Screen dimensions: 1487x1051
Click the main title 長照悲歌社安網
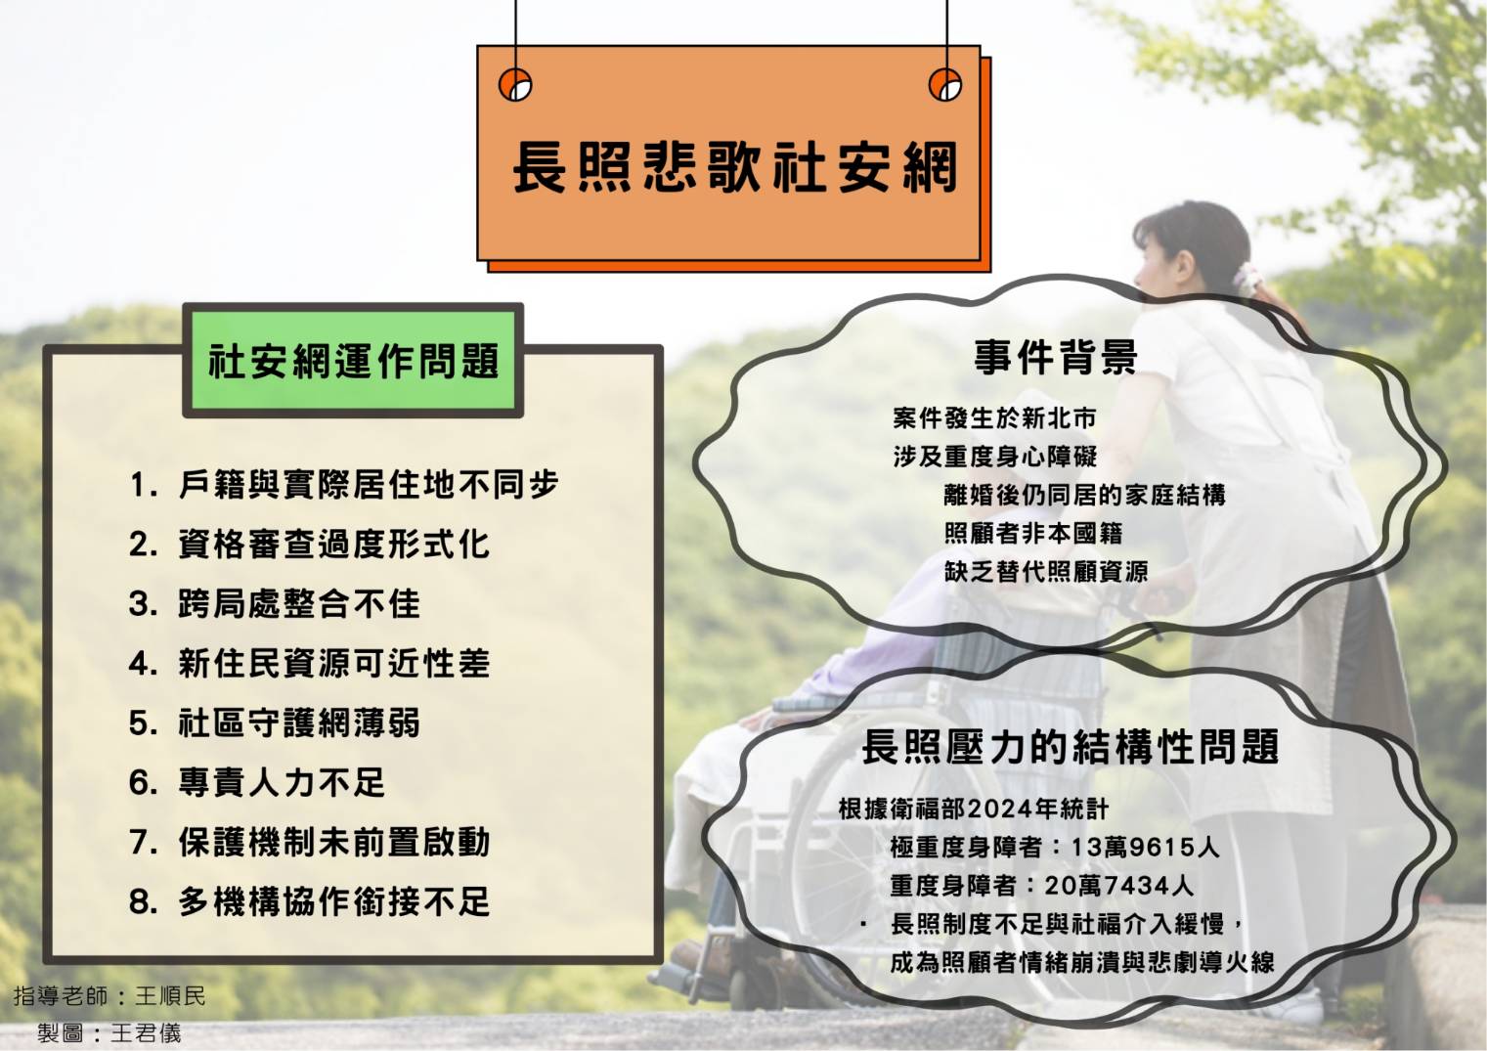(x=735, y=166)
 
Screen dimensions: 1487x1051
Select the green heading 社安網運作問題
(x=353, y=361)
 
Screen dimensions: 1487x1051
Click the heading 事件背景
(x=1056, y=357)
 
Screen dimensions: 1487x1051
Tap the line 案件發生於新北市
(x=993, y=418)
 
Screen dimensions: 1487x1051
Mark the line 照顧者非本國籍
(x=1033, y=533)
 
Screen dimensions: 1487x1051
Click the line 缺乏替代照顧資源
(x=1045, y=572)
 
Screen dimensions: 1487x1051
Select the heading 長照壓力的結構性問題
(x=1071, y=746)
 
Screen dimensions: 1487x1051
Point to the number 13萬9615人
(x=1145, y=847)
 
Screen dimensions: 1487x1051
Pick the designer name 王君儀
(x=146, y=1033)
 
